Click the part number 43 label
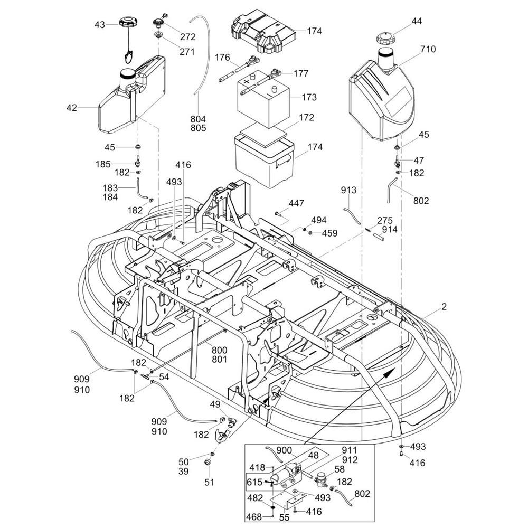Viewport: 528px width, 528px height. pos(100,24)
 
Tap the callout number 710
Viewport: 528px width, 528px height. pos(428,50)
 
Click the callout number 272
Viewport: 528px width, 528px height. pos(187,37)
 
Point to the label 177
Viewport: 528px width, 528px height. pos(300,73)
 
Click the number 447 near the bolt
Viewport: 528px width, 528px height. pos(296,203)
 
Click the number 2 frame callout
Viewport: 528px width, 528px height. pos(444,306)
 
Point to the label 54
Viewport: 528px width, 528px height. pos(164,376)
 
